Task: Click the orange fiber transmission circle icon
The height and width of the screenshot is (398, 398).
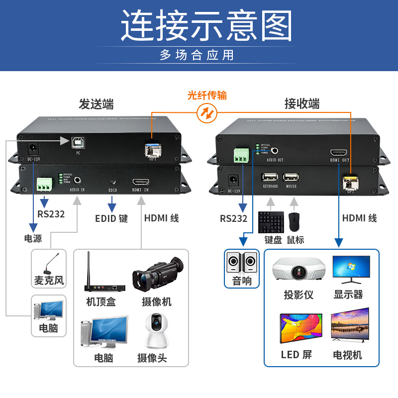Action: point(207,114)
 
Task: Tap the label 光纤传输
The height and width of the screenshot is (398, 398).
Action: point(207,95)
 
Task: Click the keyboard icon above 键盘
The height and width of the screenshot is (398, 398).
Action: point(271,222)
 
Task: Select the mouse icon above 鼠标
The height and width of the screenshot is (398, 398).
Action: point(295,222)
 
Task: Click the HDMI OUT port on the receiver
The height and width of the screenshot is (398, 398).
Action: point(339,153)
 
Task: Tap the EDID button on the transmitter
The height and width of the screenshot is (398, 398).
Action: point(113,183)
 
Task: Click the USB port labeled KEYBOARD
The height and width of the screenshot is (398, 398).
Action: point(270,178)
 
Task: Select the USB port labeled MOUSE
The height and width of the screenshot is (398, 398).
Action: point(291,178)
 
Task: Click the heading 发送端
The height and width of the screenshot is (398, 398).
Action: point(96,104)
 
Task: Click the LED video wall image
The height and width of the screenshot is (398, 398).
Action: point(301,328)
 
